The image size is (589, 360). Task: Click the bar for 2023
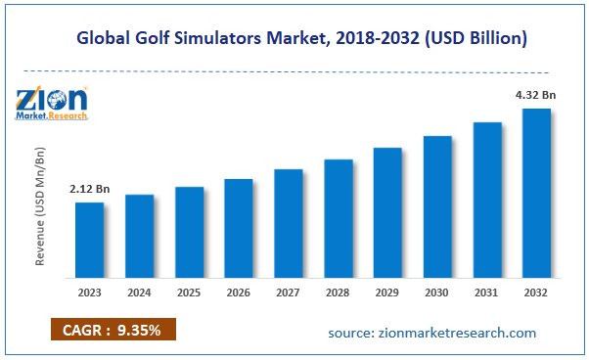click(90, 239)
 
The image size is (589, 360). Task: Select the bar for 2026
click(239, 227)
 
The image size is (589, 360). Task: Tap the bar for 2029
click(387, 211)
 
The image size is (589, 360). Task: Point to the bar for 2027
click(289, 222)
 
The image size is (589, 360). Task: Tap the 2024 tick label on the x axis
click(140, 291)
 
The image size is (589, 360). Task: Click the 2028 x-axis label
click(339, 291)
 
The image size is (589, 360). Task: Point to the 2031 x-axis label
click(487, 291)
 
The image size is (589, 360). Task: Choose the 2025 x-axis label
click(190, 291)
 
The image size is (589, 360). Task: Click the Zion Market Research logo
click(51, 103)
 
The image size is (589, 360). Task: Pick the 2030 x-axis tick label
click(437, 291)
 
